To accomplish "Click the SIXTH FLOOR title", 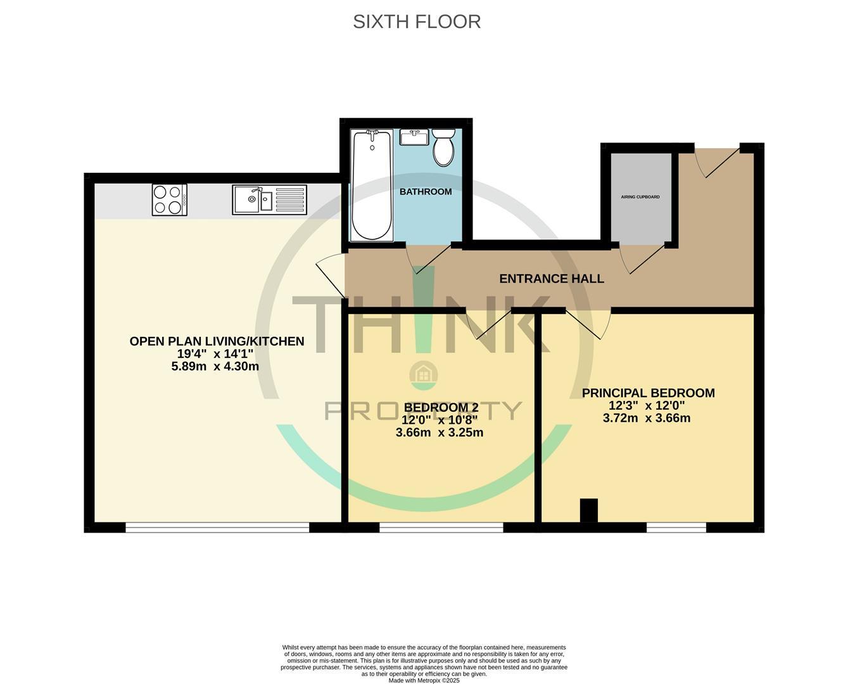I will pyautogui.click(x=417, y=22).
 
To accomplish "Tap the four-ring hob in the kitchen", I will pyautogui.click(x=170, y=199).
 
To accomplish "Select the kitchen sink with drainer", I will pyautogui.click(x=269, y=199).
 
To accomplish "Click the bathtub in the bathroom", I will pyautogui.click(x=371, y=185).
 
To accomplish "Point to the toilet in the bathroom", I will pyautogui.click(x=443, y=147).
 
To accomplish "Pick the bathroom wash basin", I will pyautogui.click(x=415, y=137).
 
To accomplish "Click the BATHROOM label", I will pyautogui.click(x=426, y=192).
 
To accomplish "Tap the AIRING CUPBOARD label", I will pyautogui.click(x=640, y=197).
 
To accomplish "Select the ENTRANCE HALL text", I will pyautogui.click(x=551, y=279).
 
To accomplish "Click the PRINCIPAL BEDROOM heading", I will pyautogui.click(x=648, y=393).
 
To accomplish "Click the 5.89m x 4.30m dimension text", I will pyautogui.click(x=215, y=367).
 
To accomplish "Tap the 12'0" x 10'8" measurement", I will pyautogui.click(x=440, y=420).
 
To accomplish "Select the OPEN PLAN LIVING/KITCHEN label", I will pyautogui.click(x=217, y=341).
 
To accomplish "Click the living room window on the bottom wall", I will pyautogui.click(x=217, y=527).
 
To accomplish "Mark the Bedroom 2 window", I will pyautogui.click(x=441, y=527).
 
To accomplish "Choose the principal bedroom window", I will pyautogui.click(x=676, y=527).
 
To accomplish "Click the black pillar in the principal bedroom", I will pyautogui.click(x=589, y=510).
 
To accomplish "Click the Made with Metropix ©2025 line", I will pyautogui.click(x=424, y=680).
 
